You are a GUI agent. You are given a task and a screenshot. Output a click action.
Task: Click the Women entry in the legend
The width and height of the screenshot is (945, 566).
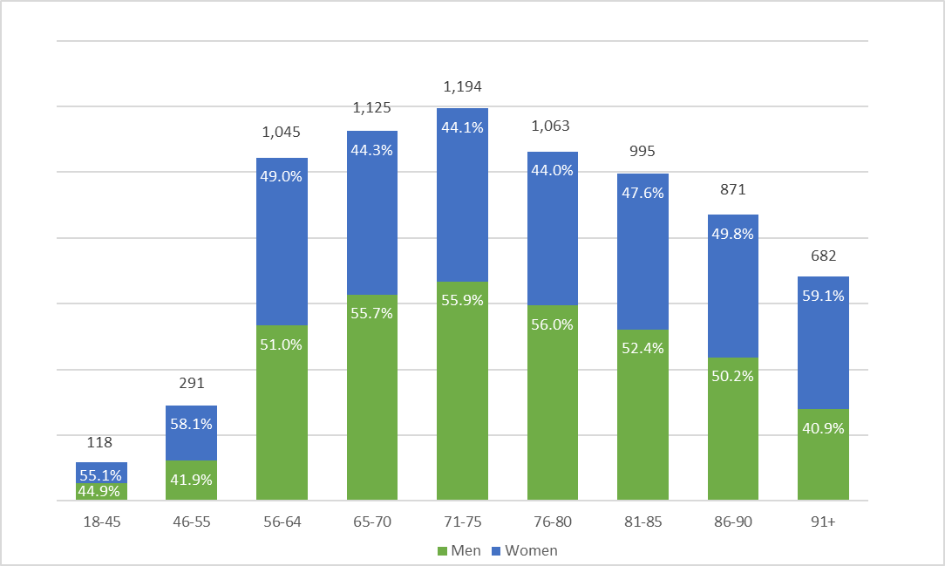[523, 550]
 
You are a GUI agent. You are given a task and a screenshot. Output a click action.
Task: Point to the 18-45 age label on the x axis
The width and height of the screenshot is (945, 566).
[101, 522]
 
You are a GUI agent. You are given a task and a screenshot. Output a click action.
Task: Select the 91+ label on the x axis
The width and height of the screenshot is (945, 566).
[823, 522]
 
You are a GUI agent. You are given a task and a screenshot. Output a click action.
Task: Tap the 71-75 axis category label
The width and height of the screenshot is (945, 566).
[462, 522]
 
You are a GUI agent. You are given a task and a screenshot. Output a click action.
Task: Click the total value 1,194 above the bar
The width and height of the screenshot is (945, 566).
[462, 86]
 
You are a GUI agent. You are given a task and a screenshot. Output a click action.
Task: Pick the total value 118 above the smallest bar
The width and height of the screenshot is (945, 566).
[101, 442]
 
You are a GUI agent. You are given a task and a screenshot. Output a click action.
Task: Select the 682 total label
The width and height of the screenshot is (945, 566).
[823, 256]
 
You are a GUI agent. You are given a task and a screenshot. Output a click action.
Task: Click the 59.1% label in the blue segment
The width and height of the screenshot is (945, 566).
[823, 296]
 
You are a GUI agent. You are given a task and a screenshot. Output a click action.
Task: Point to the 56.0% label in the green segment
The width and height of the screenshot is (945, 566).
[553, 324]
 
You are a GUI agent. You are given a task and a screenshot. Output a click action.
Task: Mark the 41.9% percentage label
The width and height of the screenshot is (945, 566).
[191, 479]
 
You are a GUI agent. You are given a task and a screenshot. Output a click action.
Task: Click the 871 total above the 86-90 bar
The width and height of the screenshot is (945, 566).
[733, 189]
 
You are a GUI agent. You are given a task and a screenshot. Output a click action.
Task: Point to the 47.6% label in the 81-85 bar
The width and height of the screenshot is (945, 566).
[642, 193]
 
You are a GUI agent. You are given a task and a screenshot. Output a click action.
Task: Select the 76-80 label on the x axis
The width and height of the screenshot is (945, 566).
[553, 522]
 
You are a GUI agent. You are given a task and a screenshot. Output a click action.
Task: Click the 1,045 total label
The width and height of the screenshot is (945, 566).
[282, 133]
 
